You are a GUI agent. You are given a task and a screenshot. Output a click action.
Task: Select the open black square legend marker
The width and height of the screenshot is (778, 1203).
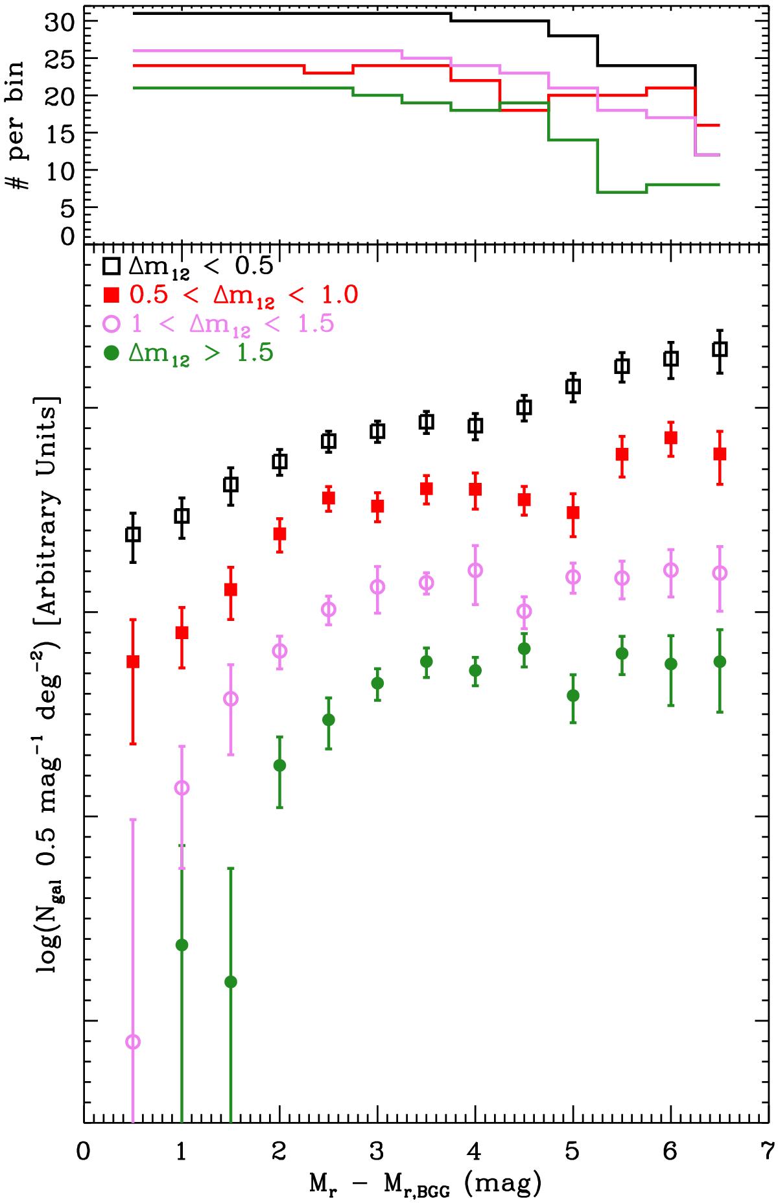pyautogui.click(x=112, y=266)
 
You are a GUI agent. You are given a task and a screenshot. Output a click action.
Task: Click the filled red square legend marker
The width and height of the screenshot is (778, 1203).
pyautogui.click(x=112, y=295)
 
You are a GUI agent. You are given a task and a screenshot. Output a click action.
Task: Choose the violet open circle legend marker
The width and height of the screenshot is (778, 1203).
pyautogui.click(x=112, y=324)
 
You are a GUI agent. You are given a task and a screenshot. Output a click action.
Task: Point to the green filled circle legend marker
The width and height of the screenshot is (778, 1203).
pyautogui.click(x=112, y=353)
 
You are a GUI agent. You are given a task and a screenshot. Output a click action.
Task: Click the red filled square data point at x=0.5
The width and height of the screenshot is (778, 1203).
pyautogui.click(x=133, y=662)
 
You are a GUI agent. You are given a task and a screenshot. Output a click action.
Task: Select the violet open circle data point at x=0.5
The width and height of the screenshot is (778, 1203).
pyautogui.click(x=133, y=1042)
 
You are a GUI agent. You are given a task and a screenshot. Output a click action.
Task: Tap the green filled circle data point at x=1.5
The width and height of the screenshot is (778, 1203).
pyautogui.click(x=230, y=982)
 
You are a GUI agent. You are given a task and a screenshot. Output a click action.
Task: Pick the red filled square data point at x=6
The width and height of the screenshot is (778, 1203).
pyautogui.click(x=671, y=438)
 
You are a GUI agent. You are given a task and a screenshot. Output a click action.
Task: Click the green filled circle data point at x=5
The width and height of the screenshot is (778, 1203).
pyautogui.click(x=572, y=695)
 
